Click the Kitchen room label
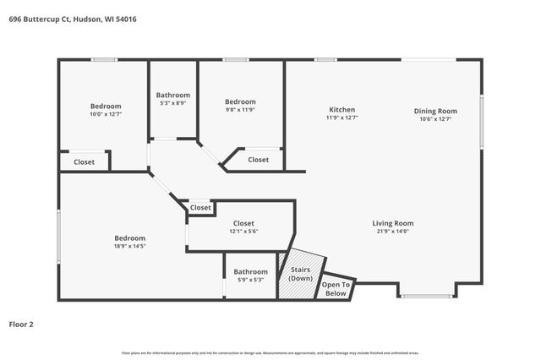coord(342,110)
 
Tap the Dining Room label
coord(435,111)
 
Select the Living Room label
coord(393,223)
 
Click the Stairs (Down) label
coord(301,275)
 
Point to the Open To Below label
coord(336,289)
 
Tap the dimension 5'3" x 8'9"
coord(173,103)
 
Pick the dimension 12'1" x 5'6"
coord(243,231)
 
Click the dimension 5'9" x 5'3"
coord(250,280)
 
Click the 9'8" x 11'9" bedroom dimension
coord(240,110)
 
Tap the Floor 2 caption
coord(21,324)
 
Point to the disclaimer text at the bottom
coord(270,352)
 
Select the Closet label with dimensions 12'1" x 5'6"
coord(243,223)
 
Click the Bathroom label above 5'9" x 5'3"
coord(250,272)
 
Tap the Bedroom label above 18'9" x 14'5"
coord(130,238)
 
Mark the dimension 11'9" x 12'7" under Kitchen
coord(342,118)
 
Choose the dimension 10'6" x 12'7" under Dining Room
coord(435,119)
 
